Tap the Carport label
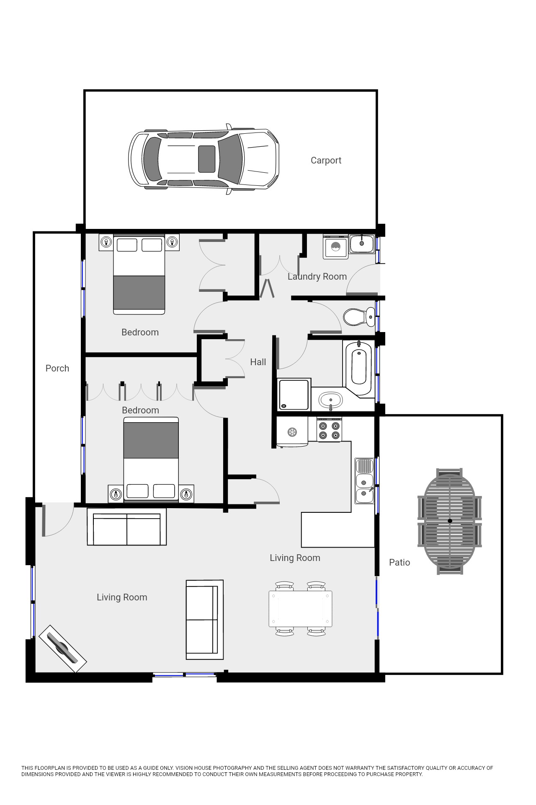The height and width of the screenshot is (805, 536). (326, 161)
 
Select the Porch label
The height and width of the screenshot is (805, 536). (57, 368)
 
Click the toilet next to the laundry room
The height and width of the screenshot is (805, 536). (359, 317)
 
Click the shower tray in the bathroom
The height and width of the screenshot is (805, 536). (294, 395)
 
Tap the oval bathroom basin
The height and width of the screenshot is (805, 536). (331, 400)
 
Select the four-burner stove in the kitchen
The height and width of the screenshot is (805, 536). (329, 430)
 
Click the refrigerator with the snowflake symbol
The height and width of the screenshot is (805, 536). (292, 432)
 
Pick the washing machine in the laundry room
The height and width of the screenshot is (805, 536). (335, 247)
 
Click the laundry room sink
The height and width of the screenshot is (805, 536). (362, 244)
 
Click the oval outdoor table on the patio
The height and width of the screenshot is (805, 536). (450, 521)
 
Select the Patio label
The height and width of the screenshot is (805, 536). (399, 563)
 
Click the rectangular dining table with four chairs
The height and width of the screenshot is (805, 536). (300, 609)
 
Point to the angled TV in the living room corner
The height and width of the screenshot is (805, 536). (63, 649)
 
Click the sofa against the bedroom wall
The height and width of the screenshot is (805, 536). (126, 527)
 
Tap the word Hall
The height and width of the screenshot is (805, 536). (258, 362)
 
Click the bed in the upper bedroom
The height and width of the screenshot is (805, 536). (139, 275)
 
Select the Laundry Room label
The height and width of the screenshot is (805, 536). (317, 277)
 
